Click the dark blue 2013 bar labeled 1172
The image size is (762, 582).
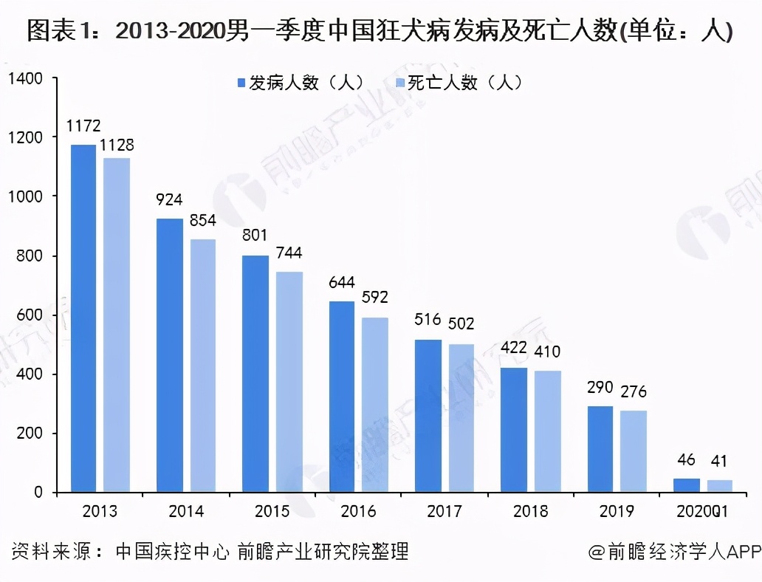(x=83, y=318)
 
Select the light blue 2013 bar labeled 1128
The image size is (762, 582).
(x=117, y=325)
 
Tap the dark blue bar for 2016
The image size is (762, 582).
(x=342, y=397)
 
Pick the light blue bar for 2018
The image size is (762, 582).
(x=547, y=431)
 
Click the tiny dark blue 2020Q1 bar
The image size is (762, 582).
(x=686, y=485)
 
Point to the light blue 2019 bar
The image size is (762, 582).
(x=634, y=451)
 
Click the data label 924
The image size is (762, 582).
(x=169, y=200)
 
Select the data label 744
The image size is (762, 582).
(x=289, y=253)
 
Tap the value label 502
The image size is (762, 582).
(x=461, y=323)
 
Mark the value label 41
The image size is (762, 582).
(x=718, y=462)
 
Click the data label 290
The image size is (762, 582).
(x=600, y=388)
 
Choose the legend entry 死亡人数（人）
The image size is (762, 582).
(x=460, y=83)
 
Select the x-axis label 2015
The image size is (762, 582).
(x=272, y=511)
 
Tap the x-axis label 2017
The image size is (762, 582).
(x=444, y=511)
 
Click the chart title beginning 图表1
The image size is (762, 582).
(x=380, y=32)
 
